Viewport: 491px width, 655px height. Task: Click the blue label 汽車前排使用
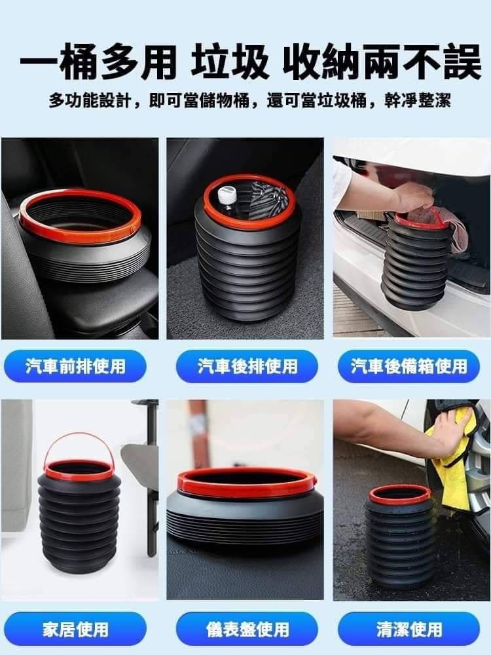pos(75,366)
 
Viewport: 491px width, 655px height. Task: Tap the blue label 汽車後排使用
pos(247,366)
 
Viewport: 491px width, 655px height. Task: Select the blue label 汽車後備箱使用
pos(409,366)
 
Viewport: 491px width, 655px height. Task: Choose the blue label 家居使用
pos(75,629)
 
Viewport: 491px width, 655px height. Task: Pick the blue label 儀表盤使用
pos(247,629)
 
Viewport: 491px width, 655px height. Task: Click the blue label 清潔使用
pos(409,629)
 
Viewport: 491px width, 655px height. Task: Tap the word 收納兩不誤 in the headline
pos(382,63)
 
